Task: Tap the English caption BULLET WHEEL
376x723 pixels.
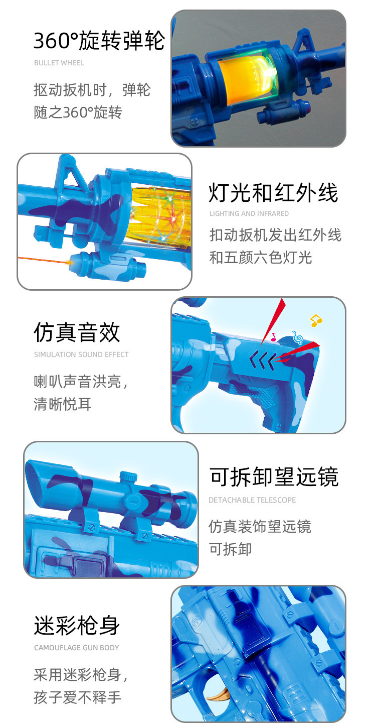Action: pos(59,63)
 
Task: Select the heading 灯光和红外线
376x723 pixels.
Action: pos(273,193)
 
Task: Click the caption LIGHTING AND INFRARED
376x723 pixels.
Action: pos(249,214)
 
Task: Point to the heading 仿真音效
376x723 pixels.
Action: pos(77,332)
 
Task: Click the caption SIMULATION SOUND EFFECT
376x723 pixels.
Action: pos(81,354)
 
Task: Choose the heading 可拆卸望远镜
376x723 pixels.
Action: pos(274,477)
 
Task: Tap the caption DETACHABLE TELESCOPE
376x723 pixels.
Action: pos(252,500)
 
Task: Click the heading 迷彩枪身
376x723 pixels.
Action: pos(77,626)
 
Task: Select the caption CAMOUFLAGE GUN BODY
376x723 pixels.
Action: pos(76,648)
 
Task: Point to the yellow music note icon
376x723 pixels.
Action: pos(316,320)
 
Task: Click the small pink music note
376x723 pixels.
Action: pos(273,337)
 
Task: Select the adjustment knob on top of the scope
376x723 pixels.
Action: pos(129,475)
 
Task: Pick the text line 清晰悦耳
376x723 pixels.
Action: pos(62,404)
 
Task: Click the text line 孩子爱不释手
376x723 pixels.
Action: pos(77,697)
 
